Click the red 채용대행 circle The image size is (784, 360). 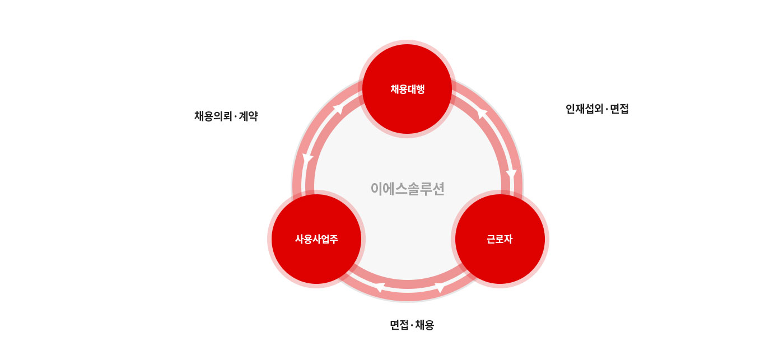(407, 89)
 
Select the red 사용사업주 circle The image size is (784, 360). (316, 239)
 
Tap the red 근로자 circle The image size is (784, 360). (500, 239)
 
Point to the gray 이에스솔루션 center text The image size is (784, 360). (408, 189)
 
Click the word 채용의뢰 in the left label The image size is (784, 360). (213, 116)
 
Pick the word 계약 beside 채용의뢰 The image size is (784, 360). (248, 116)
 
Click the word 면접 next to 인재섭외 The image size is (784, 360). (619, 109)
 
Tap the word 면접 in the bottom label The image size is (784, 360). (399, 325)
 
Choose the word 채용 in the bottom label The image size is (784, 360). (424, 325)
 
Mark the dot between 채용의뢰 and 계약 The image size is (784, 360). (236, 116)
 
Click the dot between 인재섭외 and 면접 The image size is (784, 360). (606, 109)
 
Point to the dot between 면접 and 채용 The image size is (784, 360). (412, 325)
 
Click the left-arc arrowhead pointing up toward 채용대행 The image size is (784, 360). (338, 109)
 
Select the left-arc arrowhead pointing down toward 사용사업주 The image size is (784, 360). (307, 159)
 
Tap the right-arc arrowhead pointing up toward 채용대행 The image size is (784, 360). (482, 113)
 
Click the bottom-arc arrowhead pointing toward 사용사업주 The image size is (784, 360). (380, 288)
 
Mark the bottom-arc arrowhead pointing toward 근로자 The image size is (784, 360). (440, 288)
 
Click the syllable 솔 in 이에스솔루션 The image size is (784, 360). (408, 189)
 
